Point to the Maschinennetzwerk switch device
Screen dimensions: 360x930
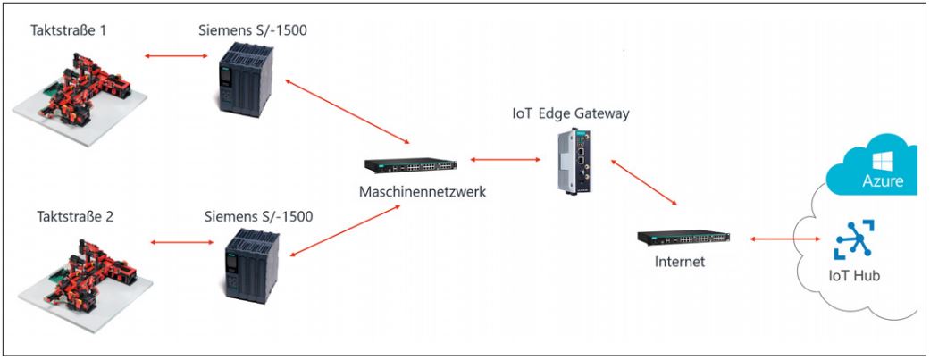click(x=411, y=164)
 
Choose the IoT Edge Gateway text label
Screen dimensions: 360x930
click(x=571, y=113)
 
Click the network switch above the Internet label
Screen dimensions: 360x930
click(x=683, y=239)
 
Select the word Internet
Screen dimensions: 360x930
click(x=682, y=263)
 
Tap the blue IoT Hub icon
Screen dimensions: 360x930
click(x=854, y=240)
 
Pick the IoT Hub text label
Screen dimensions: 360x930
click(x=854, y=276)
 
